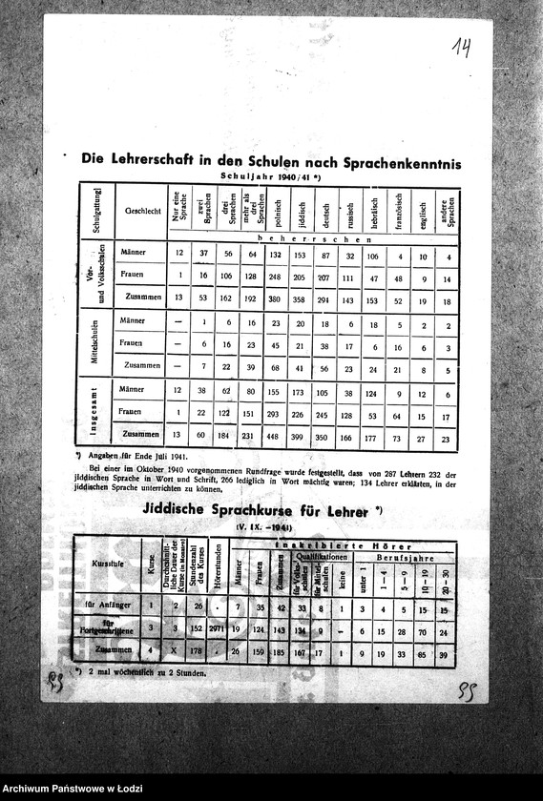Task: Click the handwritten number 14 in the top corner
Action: tap(462, 47)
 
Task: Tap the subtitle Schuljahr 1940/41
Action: tap(270, 177)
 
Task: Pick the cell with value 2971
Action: tap(217, 630)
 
